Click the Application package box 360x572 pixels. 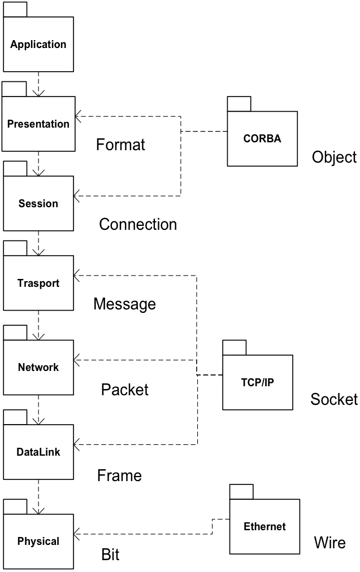(x=38, y=44)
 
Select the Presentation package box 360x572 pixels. (x=38, y=124)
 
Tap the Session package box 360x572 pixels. (x=38, y=203)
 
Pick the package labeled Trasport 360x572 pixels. (x=38, y=283)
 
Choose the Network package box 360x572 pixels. (x=38, y=368)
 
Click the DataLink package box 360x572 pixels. (x=38, y=452)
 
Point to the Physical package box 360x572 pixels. (x=38, y=541)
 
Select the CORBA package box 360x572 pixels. (x=262, y=138)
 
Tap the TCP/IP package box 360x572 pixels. (x=257, y=382)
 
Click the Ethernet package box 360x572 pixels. (x=264, y=526)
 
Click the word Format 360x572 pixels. (x=120, y=145)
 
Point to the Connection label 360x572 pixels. (x=138, y=224)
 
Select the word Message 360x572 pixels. (x=124, y=304)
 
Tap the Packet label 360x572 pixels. (x=125, y=390)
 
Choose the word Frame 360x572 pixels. (x=119, y=475)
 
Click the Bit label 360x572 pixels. (x=110, y=554)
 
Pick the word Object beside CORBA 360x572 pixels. (x=334, y=157)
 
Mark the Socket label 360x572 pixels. (x=334, y=400)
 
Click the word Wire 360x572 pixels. (x=329, y=543)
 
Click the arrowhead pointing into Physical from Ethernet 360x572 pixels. (x=78, y=534)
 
